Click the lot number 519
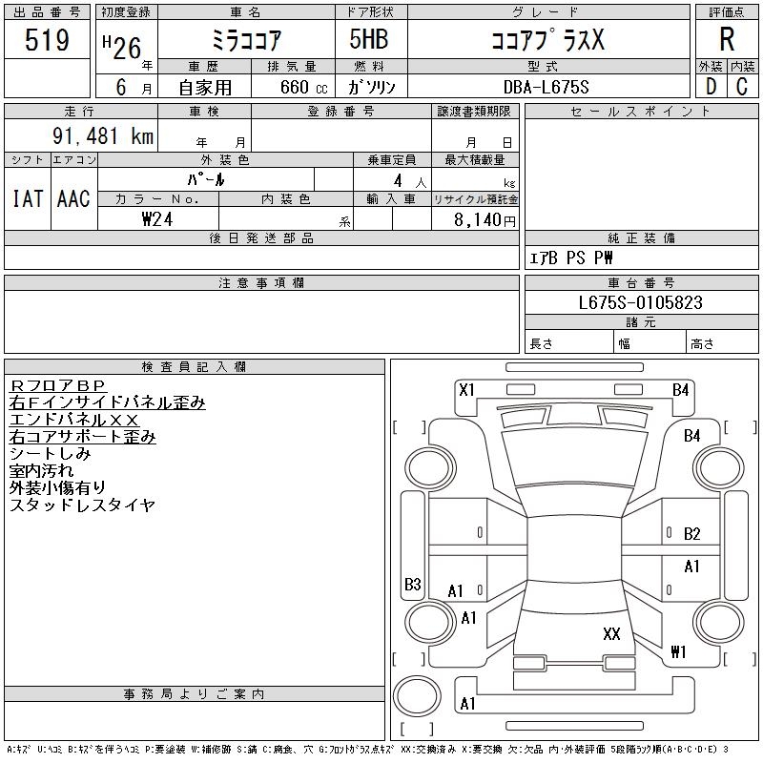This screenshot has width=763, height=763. click(47, 41)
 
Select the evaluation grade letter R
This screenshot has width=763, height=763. click(727, 40)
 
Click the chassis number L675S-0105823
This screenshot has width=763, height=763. click(641, 302)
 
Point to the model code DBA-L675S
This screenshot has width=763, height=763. click(540, 87)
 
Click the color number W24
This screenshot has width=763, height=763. click(158, 218)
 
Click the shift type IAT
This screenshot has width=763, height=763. click(27, 199)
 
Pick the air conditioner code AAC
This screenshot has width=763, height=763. click(73, 199)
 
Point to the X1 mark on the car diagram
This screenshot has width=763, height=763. click(467, 389)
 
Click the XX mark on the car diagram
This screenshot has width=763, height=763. click(611, 633)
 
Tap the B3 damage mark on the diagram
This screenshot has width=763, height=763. click(413, 584)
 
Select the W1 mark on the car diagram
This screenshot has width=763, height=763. click(678, 652)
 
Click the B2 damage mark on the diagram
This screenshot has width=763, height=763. click(692, 534)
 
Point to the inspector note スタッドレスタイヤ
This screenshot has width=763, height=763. click(82, 505)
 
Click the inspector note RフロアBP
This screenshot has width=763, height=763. click(59, 385)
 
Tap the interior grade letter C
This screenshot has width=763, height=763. click(741, 87)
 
